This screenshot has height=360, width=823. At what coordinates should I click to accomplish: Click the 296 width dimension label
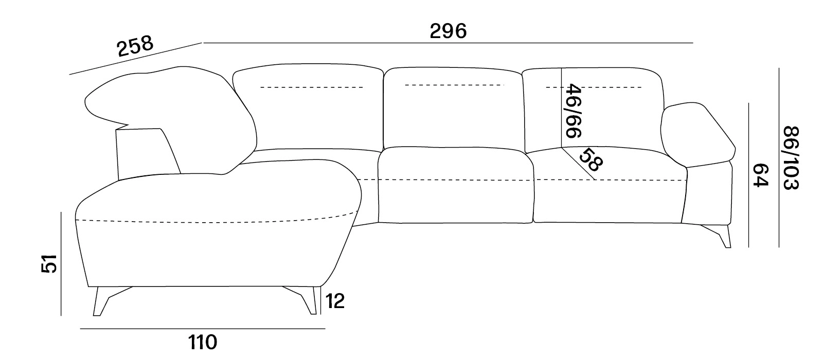[x=448, y=31]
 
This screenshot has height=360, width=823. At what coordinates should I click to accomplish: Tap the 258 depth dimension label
[x=135, y=46]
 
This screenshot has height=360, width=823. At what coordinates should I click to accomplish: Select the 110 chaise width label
[x=203, y=343]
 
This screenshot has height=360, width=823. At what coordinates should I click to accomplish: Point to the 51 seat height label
[x=49, y=264]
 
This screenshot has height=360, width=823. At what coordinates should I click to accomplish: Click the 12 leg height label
[x=335, y=301]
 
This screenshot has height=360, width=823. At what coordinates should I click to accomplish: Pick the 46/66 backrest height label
[x=573, y=111]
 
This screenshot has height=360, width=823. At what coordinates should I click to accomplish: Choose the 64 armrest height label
[x=761, y=175]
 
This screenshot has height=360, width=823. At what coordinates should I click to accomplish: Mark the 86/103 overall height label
[x=791, y=158]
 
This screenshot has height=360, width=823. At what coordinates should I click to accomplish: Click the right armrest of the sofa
[x=698, y=135]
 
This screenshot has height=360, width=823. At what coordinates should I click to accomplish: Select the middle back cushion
[x=453, y=109]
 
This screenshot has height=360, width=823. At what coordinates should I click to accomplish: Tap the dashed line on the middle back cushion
[x=455, y=85]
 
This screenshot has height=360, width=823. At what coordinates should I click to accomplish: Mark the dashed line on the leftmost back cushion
[x=312, y=87]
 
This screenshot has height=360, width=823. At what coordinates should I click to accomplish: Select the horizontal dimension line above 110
[x=203, y=329]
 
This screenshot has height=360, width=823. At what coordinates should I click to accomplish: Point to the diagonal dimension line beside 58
[x=578, y=164]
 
